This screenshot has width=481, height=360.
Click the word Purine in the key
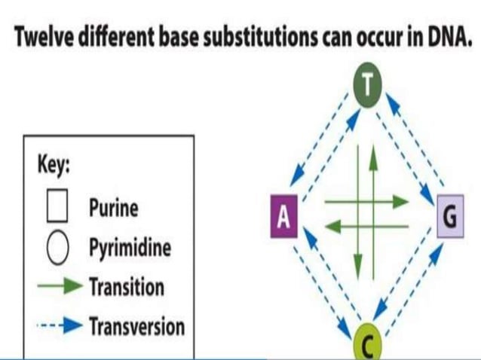click(x=113, y=207)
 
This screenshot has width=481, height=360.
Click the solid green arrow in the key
click(x=58, y=286)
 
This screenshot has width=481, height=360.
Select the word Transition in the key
click(x=126, y=287)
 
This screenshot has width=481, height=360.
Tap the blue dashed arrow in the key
click(x=58, y=326)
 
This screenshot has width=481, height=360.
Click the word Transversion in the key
click(x=136, y=326)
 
